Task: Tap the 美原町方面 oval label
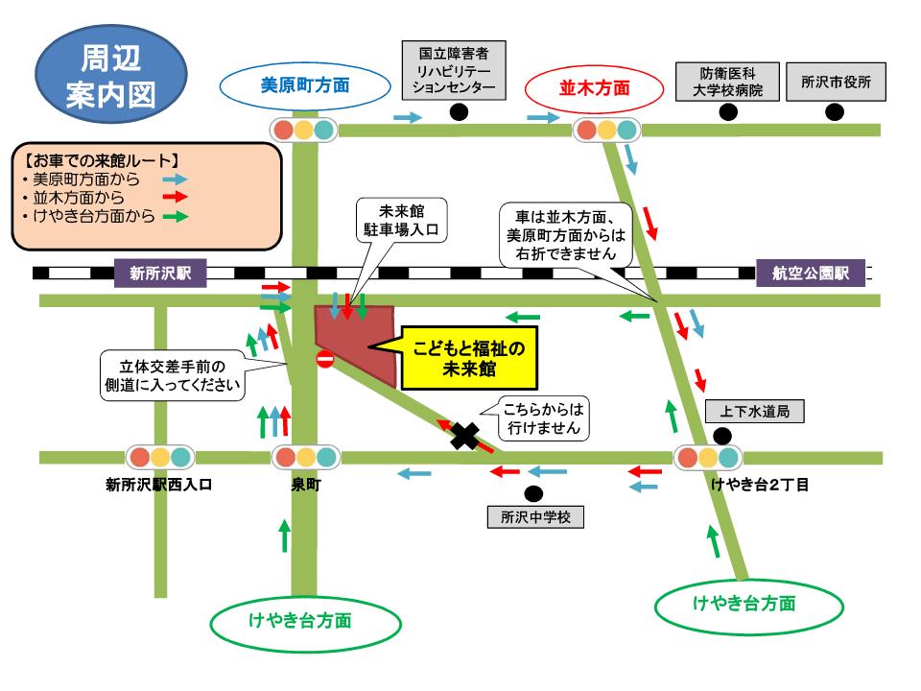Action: point(305,85)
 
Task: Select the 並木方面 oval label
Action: point(594,86)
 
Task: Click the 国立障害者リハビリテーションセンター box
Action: point(453,69)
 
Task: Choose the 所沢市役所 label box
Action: point(836,83)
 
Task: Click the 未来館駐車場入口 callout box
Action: point(402,222)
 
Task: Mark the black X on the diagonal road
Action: point(465,437)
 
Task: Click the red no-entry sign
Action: point(324,360)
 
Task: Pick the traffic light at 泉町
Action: point(304,458)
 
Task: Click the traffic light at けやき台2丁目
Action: point(707,458)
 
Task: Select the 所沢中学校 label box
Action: point(535,517)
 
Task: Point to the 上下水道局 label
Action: point(754,413)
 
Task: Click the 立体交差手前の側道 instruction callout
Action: point(172,374)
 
